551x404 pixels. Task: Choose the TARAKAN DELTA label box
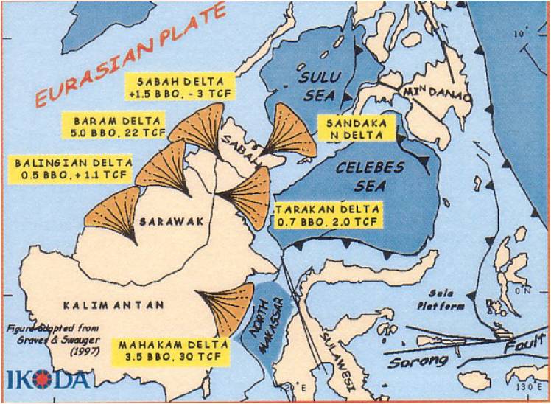click(x=329, y=215)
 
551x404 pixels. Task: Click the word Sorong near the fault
click(x=418, y=361)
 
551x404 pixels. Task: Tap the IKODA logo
click(x=49, y=379)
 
